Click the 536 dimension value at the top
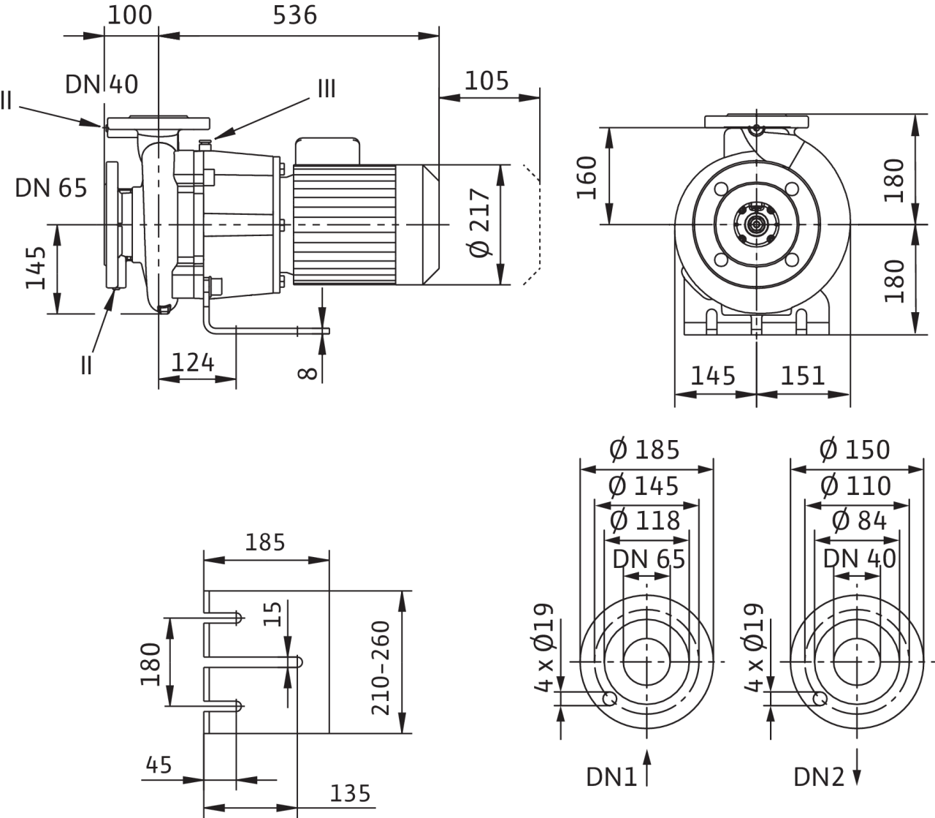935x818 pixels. pyautogui.click(x=295, y=15)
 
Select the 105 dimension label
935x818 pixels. pyautogui.click(x=486, y=80)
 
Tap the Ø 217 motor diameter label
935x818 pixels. pyautogui.click(x=481, y=224)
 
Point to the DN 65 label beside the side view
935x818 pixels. pyautogui.click(x=51, y=189)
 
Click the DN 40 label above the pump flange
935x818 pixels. pyautogui.click(x=102, y=85)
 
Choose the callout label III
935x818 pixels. pyautogui.click(x=326, y=89)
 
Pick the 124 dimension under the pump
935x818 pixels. pyautogui.click(x=193, y=362)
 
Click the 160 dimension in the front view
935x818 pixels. pyautogui.click(x=588, y=176)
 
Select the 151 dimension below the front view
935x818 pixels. pyautogui.click(x=803, y=376)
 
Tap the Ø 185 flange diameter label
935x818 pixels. pyautogui.click(x=645, y=450)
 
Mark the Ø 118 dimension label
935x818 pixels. pyautogui.click(x=645, y=520)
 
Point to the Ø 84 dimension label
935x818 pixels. pyautogui.click(x=860, y=520)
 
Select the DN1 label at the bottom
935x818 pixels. pyautogui.click(x=612, y=776)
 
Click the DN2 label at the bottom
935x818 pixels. pyautogui.click(x=820, y=776)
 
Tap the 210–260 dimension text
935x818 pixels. pyautogui.click(x=381, y=668)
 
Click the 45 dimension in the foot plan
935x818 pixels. pyautogui.click(x=159, y=765)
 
